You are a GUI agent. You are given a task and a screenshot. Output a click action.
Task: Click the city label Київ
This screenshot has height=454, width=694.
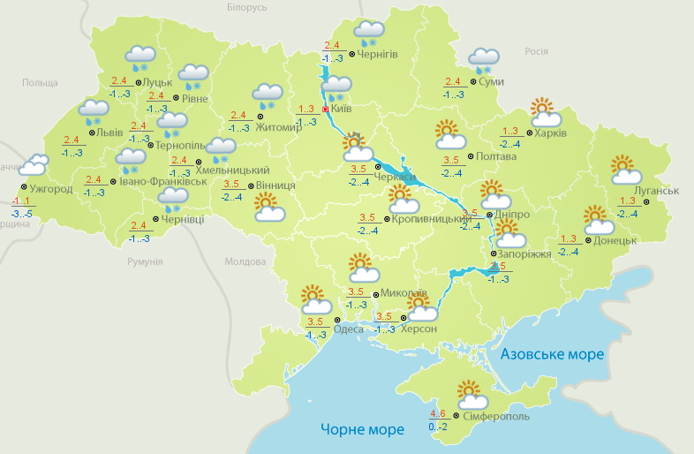(x=341, y=110)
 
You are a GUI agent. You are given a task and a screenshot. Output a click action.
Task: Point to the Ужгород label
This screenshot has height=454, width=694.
(x=49, y=189)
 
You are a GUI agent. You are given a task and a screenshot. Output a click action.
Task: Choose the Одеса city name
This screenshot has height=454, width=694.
(x=348, y=330)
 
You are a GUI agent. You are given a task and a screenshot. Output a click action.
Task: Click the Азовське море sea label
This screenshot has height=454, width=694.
(x=552, y=354)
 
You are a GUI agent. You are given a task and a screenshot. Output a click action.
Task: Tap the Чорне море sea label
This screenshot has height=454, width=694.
(x=362, y=430)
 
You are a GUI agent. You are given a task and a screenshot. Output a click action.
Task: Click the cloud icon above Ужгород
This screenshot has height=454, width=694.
(x=34, y=165)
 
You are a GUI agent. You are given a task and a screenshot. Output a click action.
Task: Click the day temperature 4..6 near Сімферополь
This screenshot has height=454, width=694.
(x=438, y=413)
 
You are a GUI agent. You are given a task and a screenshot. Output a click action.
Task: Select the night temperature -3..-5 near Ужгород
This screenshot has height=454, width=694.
(x=22, y=214)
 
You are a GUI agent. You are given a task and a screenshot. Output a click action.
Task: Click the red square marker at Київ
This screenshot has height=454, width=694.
(x=325, y=110)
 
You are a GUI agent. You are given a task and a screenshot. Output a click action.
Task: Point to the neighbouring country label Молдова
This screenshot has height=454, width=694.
(x=245, y=262)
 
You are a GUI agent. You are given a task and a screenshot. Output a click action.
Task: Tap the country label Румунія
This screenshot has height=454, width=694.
(x=145, y=262)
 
